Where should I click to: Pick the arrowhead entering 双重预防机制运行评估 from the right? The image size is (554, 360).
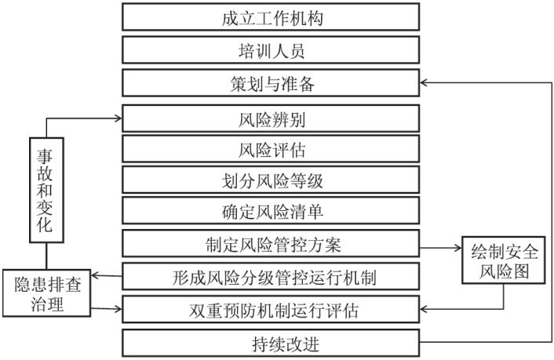(424, 310)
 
